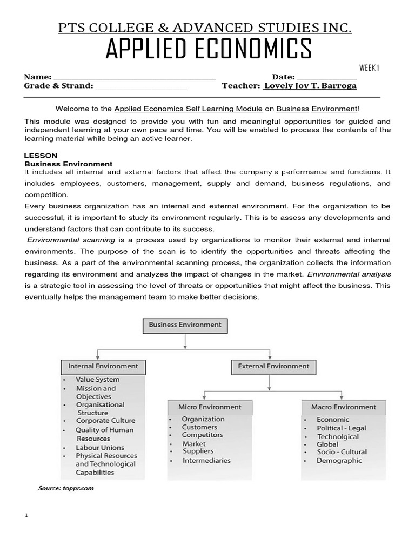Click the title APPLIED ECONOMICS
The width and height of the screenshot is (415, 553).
tap(208, 50)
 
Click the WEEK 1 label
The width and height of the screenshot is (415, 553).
tap(370, 68)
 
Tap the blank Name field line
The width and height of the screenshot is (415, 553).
tap(135, 78)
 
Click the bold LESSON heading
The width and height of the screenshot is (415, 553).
tap(41, 155)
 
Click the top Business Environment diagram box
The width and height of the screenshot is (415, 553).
tap(185, 325)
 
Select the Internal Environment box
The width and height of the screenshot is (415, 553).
tap(103, 366)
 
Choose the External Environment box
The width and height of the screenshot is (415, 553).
tap(273, 366)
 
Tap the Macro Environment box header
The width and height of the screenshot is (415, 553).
tap(343, 407)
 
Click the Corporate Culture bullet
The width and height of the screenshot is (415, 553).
tap(105, 421)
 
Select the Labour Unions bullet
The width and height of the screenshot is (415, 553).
tap(100, 447)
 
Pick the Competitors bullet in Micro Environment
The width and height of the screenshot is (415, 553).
tap(202, 435)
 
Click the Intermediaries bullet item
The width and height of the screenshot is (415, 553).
tap(206, 461)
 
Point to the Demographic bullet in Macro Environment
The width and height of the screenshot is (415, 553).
tap(339, 461)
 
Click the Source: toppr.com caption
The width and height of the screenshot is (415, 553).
tap(66, 488)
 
